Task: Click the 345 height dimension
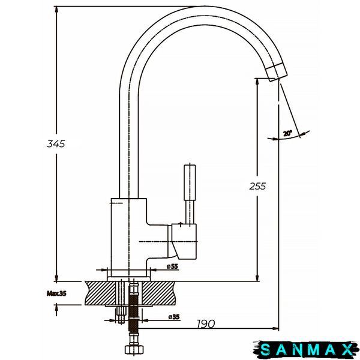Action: click(56, 144)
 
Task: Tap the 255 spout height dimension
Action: click(257, 186)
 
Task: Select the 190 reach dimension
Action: click(206, 324)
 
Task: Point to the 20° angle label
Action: click(287, 133)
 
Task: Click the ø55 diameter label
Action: click(172, 266)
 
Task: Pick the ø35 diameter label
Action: click(174, 317)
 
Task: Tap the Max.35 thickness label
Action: click(56, 293)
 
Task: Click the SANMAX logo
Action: click(307, 350)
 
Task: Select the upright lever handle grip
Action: click(190, 182)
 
